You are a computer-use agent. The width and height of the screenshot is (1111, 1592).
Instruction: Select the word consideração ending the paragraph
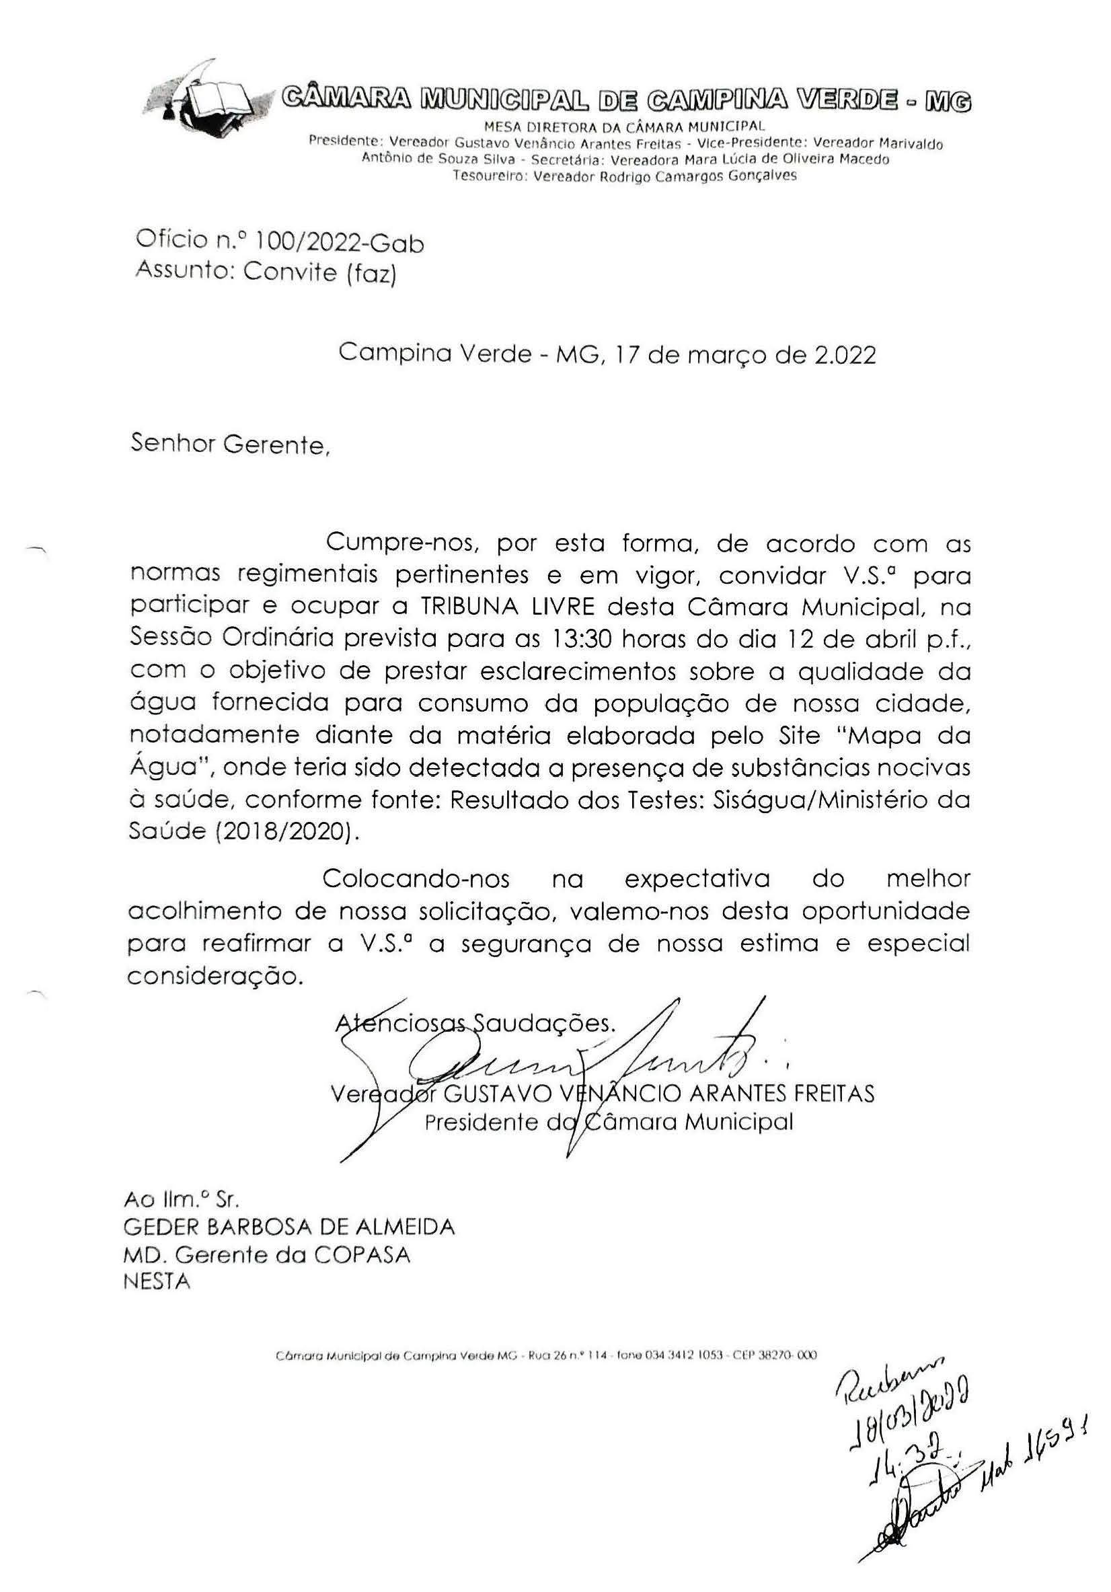coord(216,976)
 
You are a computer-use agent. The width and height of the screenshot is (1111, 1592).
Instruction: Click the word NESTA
coord(157,1281)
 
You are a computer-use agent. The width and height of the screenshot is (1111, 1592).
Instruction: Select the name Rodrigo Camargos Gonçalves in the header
coord(697,176)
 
